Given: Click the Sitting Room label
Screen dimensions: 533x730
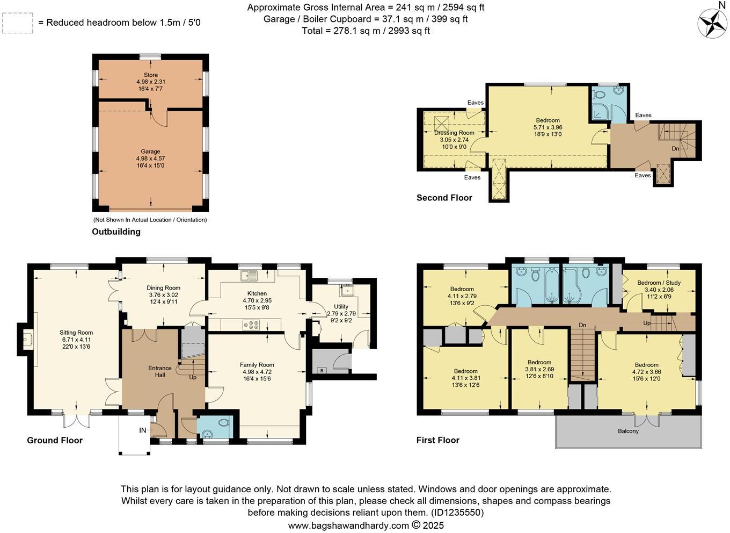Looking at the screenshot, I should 76,333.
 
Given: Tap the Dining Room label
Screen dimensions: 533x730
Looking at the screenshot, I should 164,288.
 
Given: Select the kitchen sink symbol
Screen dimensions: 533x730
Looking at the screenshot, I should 250,276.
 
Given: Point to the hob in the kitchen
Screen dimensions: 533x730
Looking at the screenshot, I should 251,325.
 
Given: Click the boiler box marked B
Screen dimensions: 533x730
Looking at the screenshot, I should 322,370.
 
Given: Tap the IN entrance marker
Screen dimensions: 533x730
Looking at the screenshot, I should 143,430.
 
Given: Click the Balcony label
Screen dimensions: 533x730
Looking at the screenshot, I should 628,431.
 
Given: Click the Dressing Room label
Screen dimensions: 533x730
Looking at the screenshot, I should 454,133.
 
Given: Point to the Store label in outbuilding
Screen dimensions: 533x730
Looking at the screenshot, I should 150,75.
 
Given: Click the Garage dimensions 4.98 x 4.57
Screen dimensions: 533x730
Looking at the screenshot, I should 150,159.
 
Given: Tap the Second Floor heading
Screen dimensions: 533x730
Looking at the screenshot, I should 444,198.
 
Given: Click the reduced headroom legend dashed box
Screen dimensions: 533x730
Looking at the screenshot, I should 18,23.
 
